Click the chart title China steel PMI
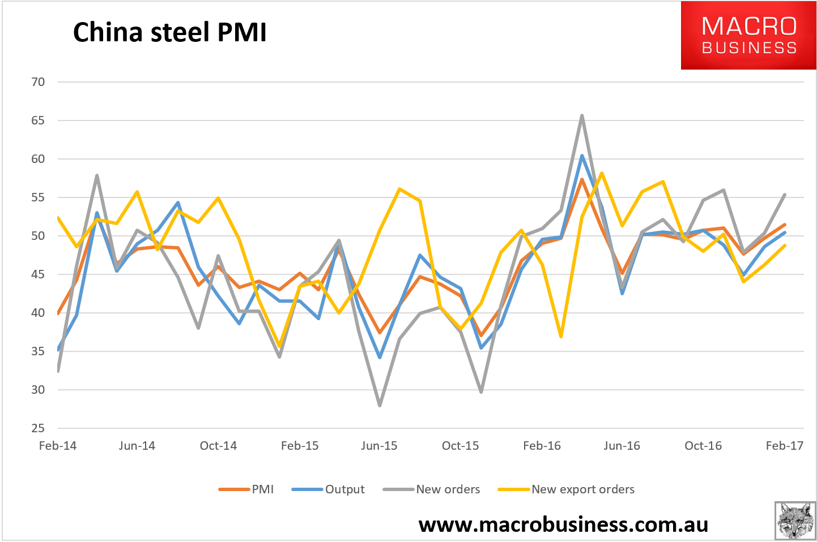click(169, 32)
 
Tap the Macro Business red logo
click(748, 35)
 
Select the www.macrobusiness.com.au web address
click(563, 525)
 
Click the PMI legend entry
click(246, 489)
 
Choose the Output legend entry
click(328, 489)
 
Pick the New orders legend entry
click(431, 489)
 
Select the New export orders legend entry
click(566, 489)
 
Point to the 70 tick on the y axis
click(38, 82)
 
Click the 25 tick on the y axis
click(38, 428)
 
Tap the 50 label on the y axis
click(38, 236)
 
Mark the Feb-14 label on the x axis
click(58, 446)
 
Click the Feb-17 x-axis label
click(785, 446)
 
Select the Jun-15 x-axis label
click(380, 446)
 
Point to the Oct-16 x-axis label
click(703, 446)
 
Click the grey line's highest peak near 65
click(582, 116)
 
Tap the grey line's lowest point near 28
click(380, 405)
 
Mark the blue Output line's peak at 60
click(582, 156)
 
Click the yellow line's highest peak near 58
click(602, 173)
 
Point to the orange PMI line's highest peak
click(582, 179)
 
